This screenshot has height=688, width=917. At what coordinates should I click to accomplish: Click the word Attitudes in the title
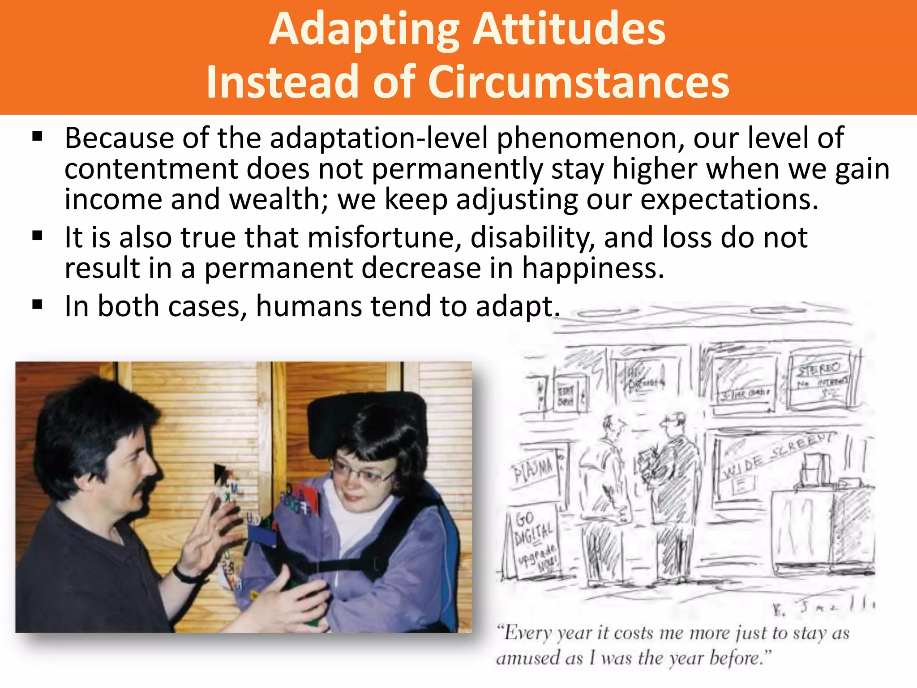pyautogui.click(x=570, y=30)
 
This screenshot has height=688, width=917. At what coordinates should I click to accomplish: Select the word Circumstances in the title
pyautogui.click(x=579, y=82)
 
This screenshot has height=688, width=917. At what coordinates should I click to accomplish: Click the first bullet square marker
pyautogui.click(x=38, y=137)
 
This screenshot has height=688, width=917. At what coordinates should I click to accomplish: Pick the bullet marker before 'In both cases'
pyautogui.click(x=38, y=305)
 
